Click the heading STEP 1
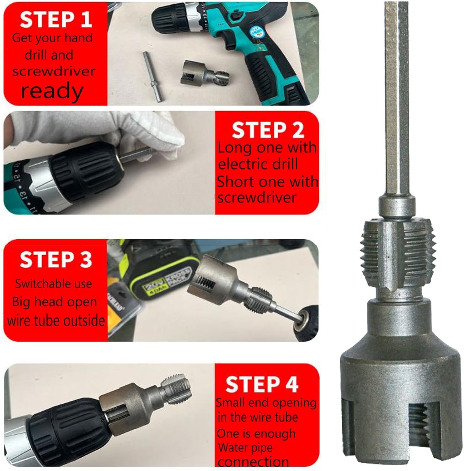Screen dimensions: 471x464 point(56,19)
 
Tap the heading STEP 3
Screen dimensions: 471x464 point(56,260)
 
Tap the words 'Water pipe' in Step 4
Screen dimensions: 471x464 point(245,447)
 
